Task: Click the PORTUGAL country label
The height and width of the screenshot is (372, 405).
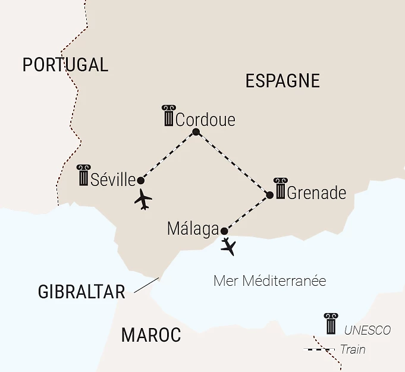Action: click(x=65, y=65)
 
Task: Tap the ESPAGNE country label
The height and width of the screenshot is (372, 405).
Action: click(x=282, y=81)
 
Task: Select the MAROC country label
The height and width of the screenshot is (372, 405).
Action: click(x=151, y=335)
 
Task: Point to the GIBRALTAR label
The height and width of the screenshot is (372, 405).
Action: click(x=81, y=292)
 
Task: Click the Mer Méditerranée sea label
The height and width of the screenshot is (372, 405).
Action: click(x=269, y=281)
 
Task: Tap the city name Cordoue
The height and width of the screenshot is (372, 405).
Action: click(x=205, y=119)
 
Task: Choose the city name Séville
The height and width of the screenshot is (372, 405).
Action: click(x=113, y=179)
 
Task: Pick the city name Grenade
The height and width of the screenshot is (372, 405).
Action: click(x=316, y=193)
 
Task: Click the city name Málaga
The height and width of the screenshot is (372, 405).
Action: click(x=193, y=229)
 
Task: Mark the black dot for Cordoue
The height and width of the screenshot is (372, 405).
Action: click(x=196, y=132)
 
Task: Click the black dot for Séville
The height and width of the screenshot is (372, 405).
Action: click(x=141, y=180)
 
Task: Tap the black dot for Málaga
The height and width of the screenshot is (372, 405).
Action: click(x=224, y=231)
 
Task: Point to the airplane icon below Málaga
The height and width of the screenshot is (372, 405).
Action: click(x=228, y=247)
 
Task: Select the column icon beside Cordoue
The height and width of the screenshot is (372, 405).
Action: click(x=169, y=115)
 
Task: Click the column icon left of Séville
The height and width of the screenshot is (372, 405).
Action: click(x=84, y=175)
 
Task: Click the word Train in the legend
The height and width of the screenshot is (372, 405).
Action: click(x=353, y=349)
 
